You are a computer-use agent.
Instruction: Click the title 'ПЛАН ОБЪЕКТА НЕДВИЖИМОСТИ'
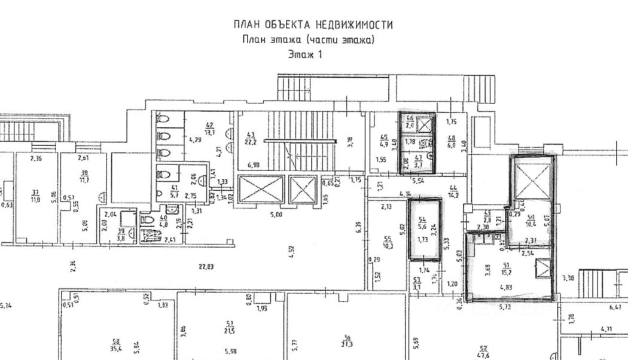313,25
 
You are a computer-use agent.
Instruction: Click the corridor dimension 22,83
206,267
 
